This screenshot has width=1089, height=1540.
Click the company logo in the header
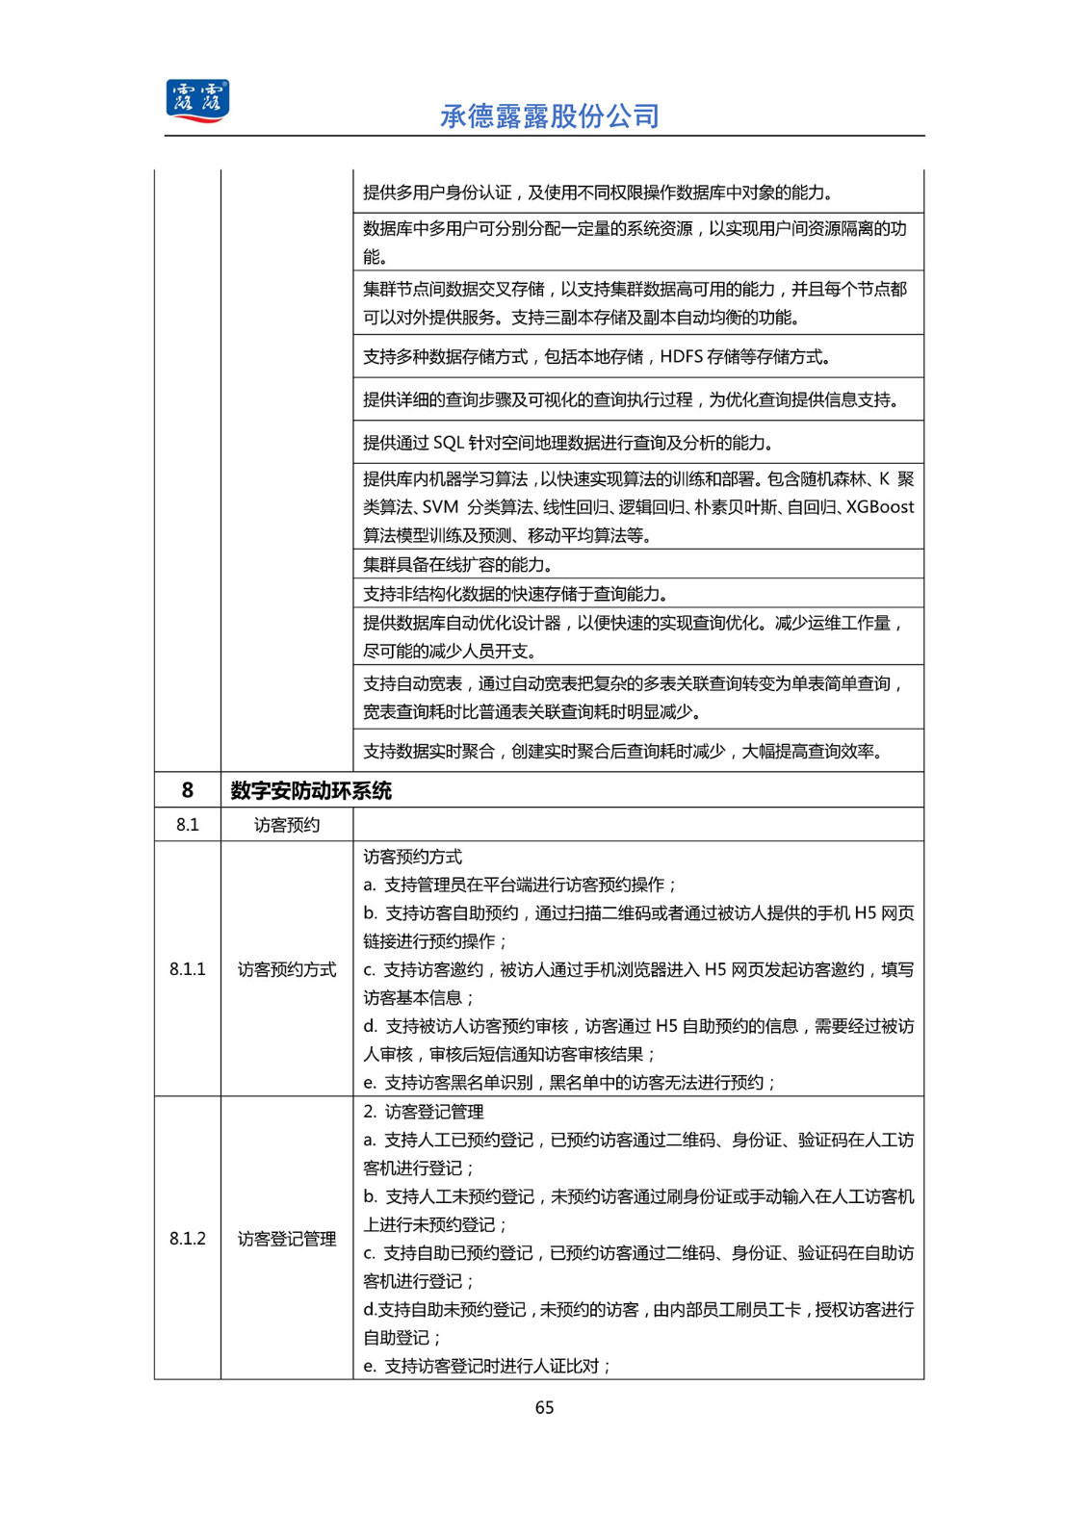point(197,101)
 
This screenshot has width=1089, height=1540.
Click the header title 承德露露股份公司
point(549,116)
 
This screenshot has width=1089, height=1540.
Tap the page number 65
point(544,1407)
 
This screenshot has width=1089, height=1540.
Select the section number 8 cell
point(188,790)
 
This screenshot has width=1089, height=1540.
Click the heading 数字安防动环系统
point(311,791)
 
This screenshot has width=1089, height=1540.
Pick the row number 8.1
point(188,825)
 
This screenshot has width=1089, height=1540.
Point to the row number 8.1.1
point(188,969)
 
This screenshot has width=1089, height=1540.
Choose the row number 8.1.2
point(188,1239)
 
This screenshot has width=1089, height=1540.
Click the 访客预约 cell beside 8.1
point(287,825)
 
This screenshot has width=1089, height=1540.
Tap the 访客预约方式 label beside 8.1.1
point(287,969)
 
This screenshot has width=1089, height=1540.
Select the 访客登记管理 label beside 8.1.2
point(287,1239)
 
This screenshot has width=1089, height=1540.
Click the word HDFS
point(681,357)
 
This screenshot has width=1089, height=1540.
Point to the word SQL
point(449,443)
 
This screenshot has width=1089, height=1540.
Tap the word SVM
point(440,507)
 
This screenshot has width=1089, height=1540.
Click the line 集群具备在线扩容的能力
point(457,565)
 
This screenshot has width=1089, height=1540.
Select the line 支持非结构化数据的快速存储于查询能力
point(515,594)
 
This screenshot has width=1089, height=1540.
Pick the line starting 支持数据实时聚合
point(623,751)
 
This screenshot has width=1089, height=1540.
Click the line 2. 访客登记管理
point(424,1112)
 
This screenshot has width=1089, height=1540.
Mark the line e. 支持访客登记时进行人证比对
point(487,1366)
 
